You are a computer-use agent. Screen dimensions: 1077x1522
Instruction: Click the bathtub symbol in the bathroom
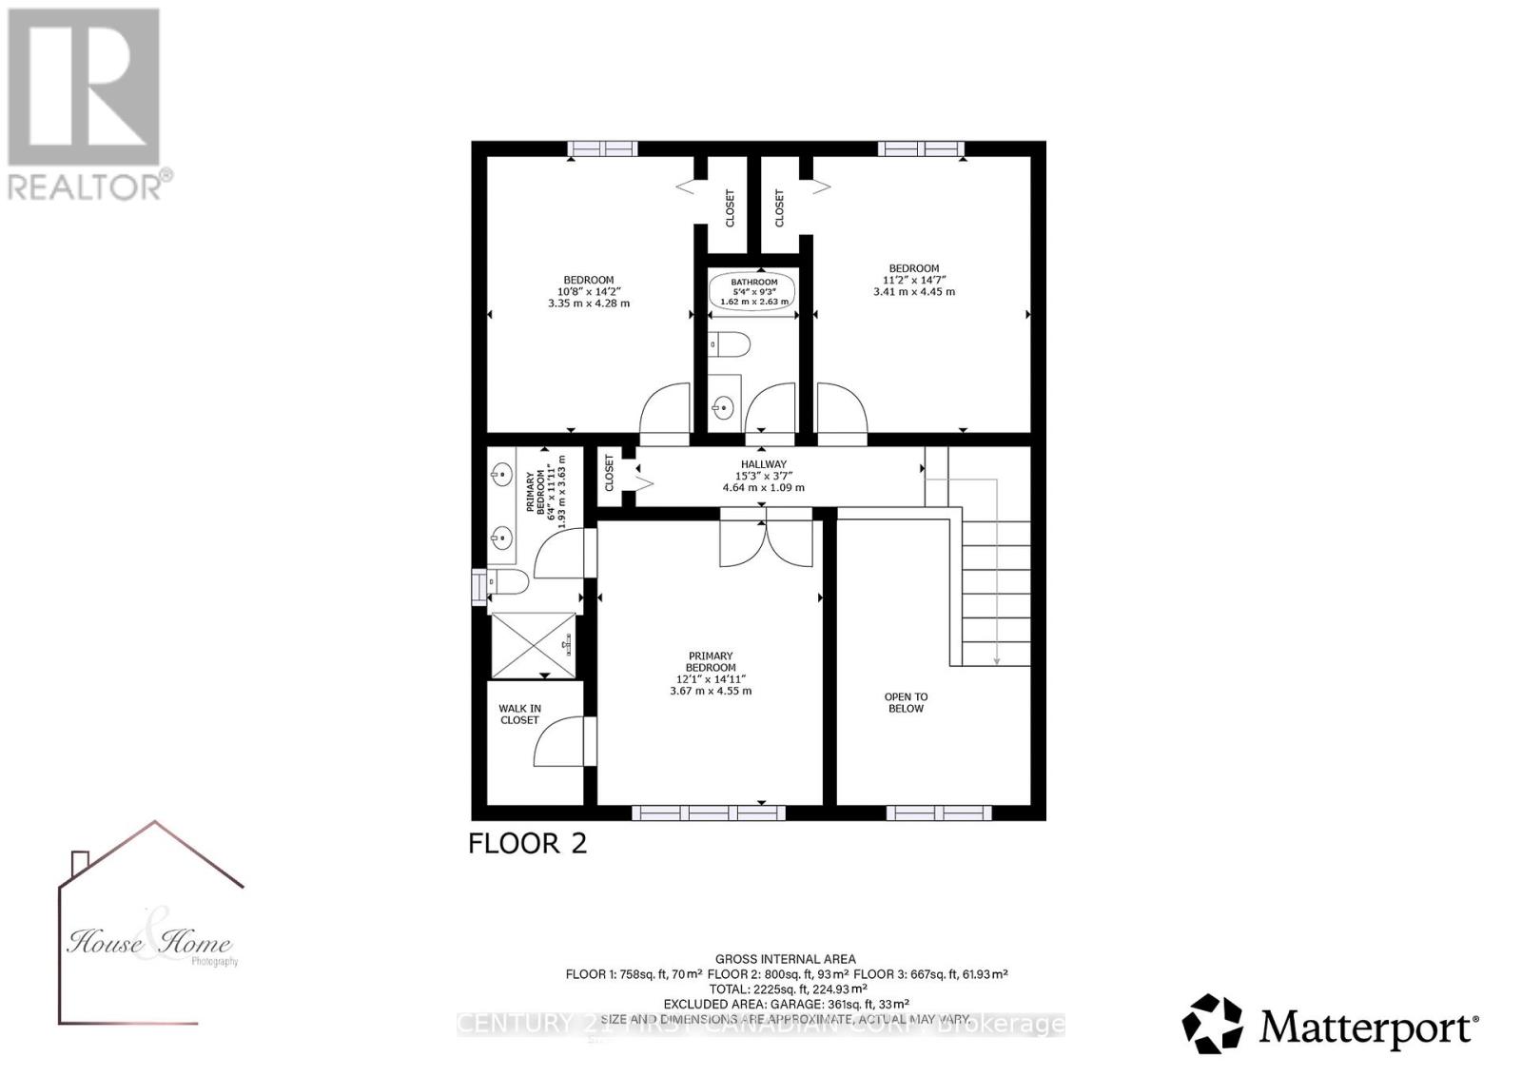pyautogui.click(x=753, y=292)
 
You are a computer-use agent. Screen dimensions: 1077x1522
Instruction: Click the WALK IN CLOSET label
pyautogui.click(x=519, y=714)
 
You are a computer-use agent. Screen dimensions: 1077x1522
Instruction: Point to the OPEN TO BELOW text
pyautogui.click(x=906, y=702)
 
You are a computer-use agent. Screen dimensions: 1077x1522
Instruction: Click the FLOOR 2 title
pyautogui.click(x=528, y=843)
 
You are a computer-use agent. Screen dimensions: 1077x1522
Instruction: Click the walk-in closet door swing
pyautogui.click(x=560, y=742)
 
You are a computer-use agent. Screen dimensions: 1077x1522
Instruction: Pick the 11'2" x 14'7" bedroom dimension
pyautogui.click(x=913, y=280)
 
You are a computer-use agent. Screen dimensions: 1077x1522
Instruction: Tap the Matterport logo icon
pyautogui.click(x=1212, y=1024)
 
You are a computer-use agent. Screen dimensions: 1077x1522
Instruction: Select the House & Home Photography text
pyautogui.click(x=149, y=944)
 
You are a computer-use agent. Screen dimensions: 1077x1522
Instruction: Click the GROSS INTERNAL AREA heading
pyautogui.click(x=786, y=959)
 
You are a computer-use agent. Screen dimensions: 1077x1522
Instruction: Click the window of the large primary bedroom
pyautogui.click(x=709, y=813)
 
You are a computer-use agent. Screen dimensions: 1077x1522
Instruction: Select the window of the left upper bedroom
pyautogui.click(x=602, y=147)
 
